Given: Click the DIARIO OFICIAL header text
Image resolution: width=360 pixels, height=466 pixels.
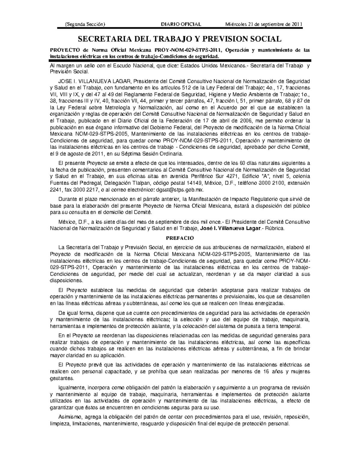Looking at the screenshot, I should pyautogui.click(x=181, y=24).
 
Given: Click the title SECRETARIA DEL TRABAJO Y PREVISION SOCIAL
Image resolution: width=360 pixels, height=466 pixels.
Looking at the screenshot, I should pyautogui.click(x=180, y=39).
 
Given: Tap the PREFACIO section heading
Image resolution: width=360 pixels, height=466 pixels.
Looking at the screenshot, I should pyautogui.click(x=180, y=238).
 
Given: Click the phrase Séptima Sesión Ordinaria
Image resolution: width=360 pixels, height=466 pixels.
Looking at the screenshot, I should pyautogui.click(x=153, y=154).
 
